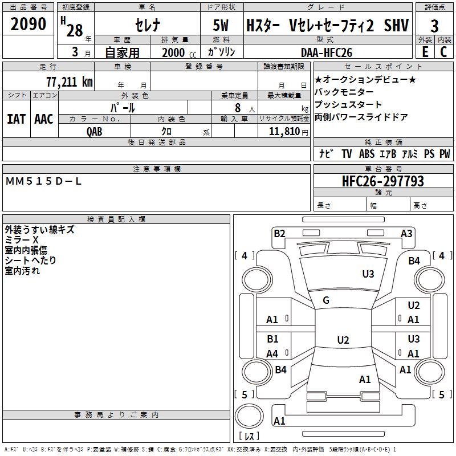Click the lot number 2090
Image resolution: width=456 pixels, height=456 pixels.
[x=28, y=24]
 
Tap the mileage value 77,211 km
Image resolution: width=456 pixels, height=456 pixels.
[x=70, y=82]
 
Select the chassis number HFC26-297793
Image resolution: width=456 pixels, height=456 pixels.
[x=383, y=181]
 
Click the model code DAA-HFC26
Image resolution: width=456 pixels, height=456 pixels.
[x=327, y=52]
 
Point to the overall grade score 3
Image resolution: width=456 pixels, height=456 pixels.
[x=434, y=26]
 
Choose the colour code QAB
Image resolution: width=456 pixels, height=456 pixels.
[x=95, y=132]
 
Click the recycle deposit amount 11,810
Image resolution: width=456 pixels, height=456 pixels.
[x=284, y=131]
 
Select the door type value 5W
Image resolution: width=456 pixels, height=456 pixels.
[x=221, y=25]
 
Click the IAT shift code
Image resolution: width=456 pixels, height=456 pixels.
[x=17, y=119]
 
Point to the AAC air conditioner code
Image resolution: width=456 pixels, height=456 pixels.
[x=44, y=119]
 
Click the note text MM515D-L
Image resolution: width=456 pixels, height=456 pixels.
[x=43, y=181]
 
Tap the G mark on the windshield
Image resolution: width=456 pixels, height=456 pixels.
[x=326, y=300]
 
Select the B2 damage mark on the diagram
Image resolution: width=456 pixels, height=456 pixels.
[x=279, y=234]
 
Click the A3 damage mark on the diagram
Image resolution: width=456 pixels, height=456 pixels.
[x=406, y=234]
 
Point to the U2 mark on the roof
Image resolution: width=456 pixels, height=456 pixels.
[x=343, y=340]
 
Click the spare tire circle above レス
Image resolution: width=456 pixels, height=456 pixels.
[x=249, y=416]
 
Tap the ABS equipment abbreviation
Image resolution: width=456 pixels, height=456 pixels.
[x=367, y=154]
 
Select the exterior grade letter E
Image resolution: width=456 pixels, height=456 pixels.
[x=425, y=52]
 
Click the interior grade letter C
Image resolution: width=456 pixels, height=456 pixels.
[x=443, y=52]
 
